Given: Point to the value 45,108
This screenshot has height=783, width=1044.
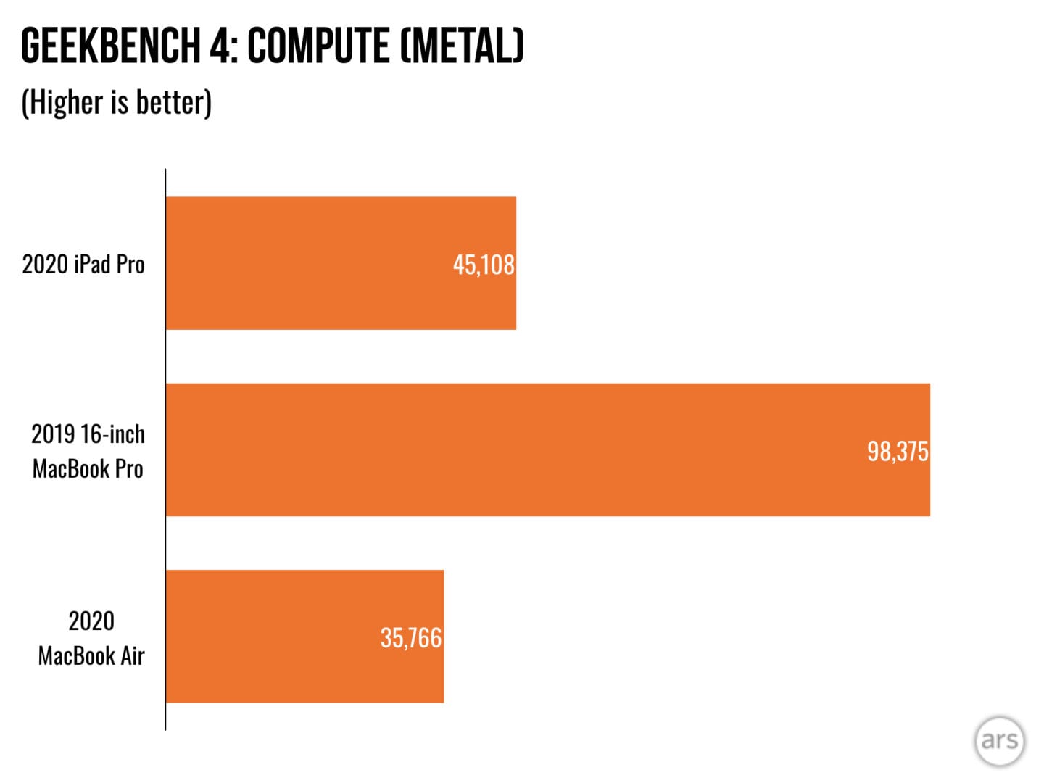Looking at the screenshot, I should click(484, 265).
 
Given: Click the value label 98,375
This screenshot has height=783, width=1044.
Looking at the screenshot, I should click(898, 452).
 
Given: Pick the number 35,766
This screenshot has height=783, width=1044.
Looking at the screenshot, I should click(411, 638).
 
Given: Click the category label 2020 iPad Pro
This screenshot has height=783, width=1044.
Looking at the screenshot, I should click(83, 265).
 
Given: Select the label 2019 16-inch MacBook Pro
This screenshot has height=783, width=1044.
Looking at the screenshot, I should click(88, 451).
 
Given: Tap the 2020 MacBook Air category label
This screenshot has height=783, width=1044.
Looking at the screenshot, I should click(91, 638).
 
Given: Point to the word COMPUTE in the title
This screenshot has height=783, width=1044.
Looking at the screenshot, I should click(318, 46).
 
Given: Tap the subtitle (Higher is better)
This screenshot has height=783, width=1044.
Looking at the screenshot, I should click(117, 102).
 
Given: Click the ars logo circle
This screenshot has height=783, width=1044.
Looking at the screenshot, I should click(1000, 740).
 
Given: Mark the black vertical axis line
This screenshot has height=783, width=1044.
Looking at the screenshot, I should click(165, 449).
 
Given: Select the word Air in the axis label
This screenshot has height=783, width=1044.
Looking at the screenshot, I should click(133, 656).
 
